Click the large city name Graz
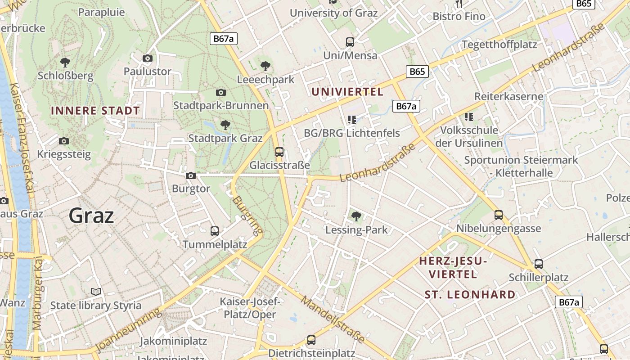point(91,216)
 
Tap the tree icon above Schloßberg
point(65,62)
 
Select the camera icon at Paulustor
point(147,58)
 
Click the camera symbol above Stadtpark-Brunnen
point(220,92)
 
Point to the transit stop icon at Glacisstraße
point(279,152)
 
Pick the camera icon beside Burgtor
point(191,175)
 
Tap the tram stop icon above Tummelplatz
point(215,231)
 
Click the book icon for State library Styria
point(95,292)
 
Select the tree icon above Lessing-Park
point(356,216)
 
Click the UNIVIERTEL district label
point(347,92)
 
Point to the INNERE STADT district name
point(95,111)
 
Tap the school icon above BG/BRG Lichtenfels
point(352,120)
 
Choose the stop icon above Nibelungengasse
point(499,215)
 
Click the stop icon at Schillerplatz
point(539,264)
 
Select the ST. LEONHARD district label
point(470,295)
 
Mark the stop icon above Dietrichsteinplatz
point(311,340)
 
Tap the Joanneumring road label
point(128,330)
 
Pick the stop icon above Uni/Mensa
point(350,42)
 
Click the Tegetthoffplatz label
point(499,45)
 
